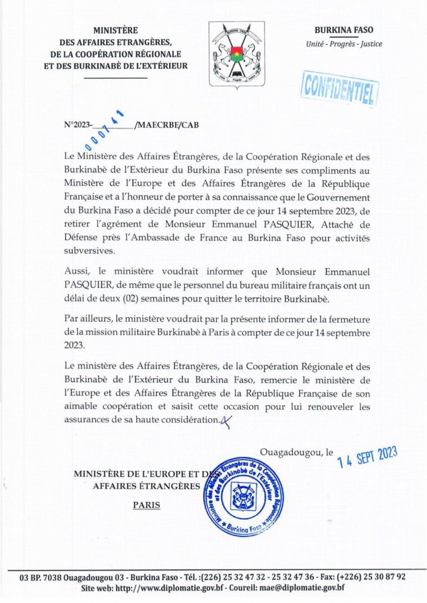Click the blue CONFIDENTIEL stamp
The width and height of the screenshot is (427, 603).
pyautogui.click(x=340, y=89)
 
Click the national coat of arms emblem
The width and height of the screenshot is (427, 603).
pyautogui.click(x=236, y=54)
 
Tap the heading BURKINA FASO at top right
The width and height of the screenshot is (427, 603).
pyautogui.click(x=344, y=30)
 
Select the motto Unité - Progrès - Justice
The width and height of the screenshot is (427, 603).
pyautogui.click(x=344, y=44)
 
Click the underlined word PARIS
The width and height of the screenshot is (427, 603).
pyautogui.click(x=147, y=505)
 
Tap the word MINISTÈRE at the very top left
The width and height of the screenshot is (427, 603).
pyautogui.click(x=115, y=30)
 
